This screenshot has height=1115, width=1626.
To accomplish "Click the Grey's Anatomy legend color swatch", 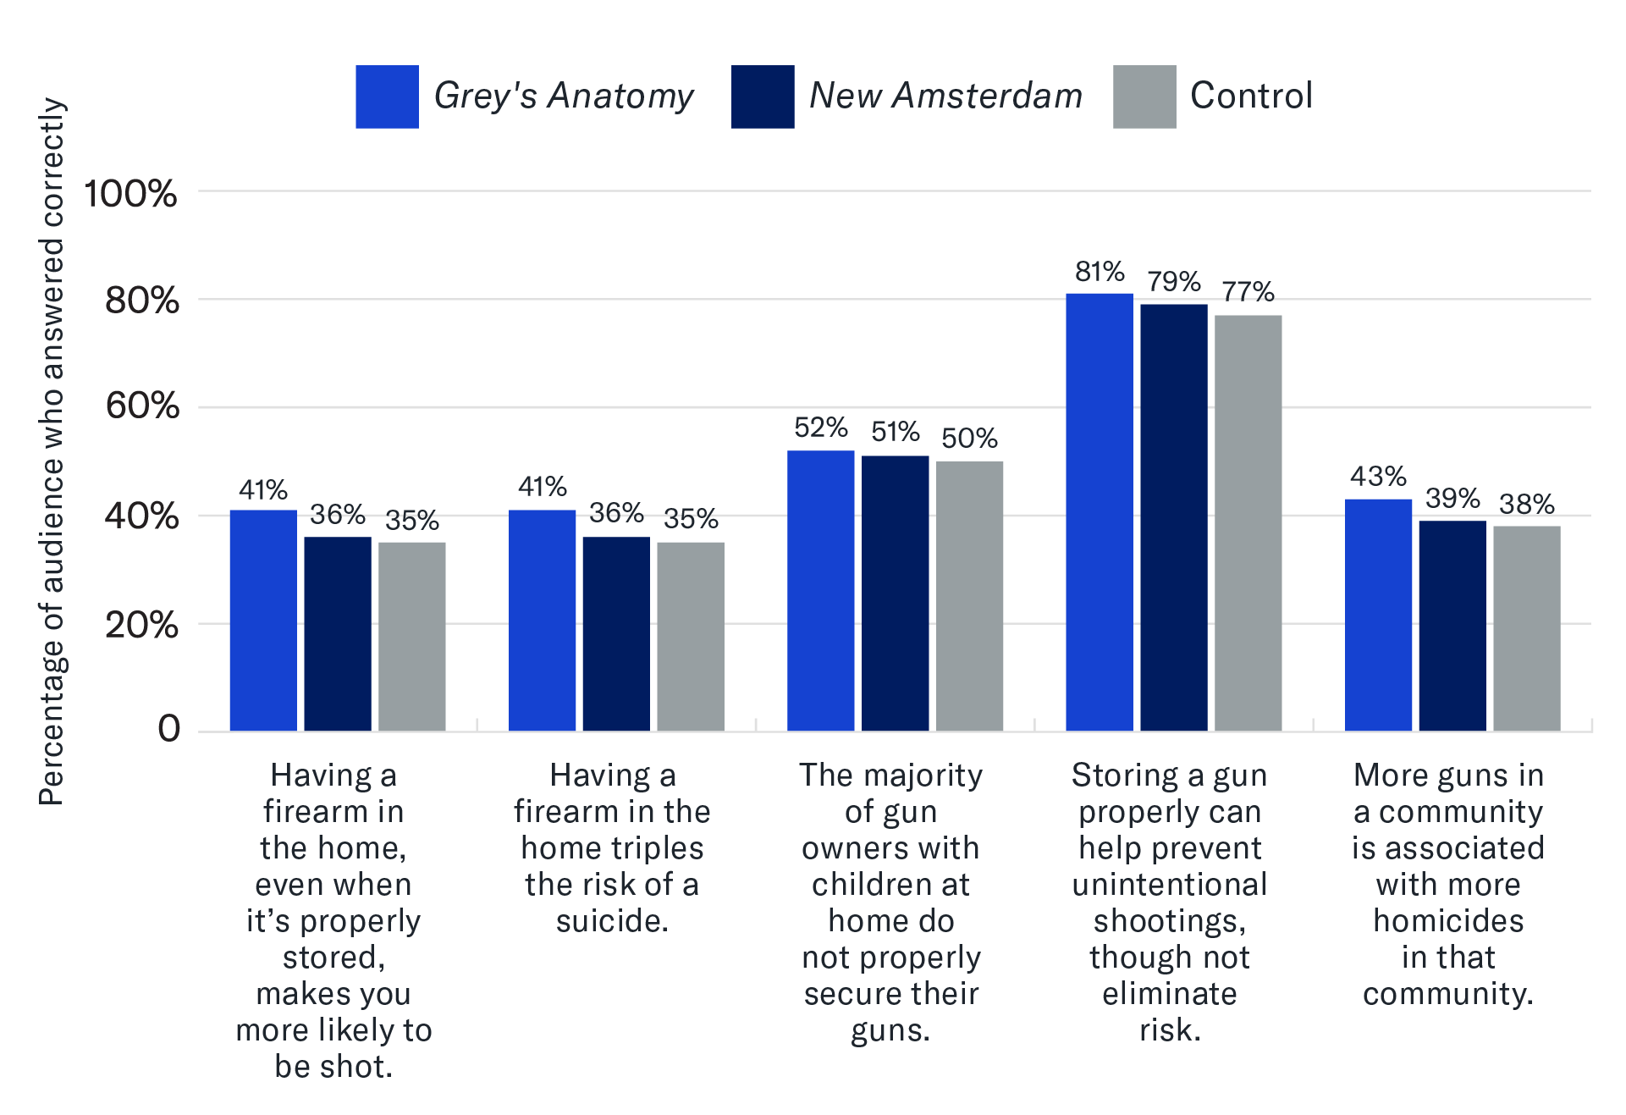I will pos(387,97).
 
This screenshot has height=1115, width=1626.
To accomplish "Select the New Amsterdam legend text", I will pos(945,96).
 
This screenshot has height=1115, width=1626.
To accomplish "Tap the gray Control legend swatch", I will pos(1144,97).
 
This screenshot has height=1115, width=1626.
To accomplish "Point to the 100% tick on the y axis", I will pos(130,194).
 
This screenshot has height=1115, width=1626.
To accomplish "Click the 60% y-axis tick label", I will pos(141,406).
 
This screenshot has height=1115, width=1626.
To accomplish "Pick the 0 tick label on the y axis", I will pos(168,729).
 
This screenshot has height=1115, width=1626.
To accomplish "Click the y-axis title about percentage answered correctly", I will pos(52,451).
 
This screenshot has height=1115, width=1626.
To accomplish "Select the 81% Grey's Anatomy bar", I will pos(1099,511).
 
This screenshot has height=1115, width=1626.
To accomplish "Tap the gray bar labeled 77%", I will pos(1248,522).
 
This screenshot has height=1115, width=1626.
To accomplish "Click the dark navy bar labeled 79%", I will pos(1173,516).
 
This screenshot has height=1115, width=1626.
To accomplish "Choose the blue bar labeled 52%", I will pos(820,590).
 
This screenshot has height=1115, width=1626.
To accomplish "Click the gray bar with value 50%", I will pos(969,595).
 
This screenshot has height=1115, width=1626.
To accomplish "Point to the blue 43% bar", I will pos(1378,615).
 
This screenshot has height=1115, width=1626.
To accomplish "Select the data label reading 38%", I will pos(1526,505).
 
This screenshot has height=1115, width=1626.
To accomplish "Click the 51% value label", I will pos(895,432).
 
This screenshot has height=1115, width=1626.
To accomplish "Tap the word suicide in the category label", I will pos(611,921).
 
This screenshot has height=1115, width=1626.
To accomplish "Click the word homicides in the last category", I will pos(1448,921).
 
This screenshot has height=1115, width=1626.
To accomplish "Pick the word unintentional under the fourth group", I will pos(1170,885).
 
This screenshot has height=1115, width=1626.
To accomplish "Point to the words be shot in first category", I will pos(333,1067).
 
